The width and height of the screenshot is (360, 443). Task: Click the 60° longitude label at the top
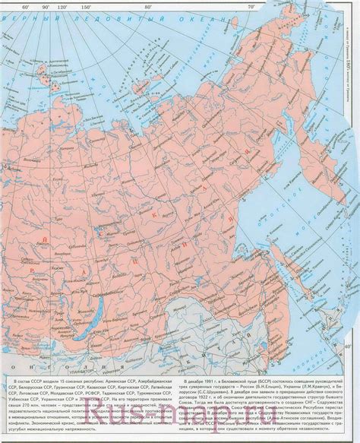point(26,7)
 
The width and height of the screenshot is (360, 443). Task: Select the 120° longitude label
point(73,7)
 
